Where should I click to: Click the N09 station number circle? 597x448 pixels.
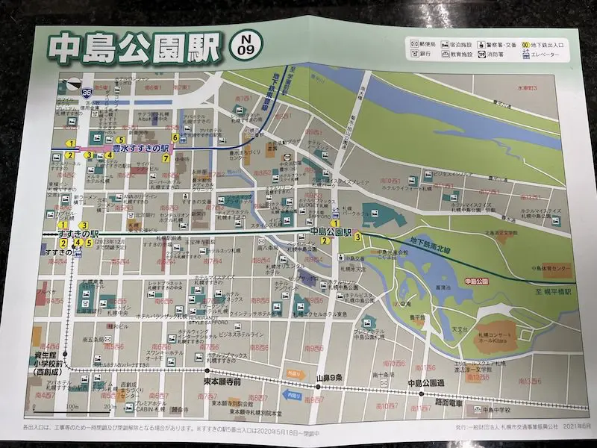[247, 47]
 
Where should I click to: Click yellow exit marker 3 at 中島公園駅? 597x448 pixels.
[359, 237]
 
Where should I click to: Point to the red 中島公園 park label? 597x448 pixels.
[475, 281]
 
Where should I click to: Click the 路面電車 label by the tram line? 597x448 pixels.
[449, 402]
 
